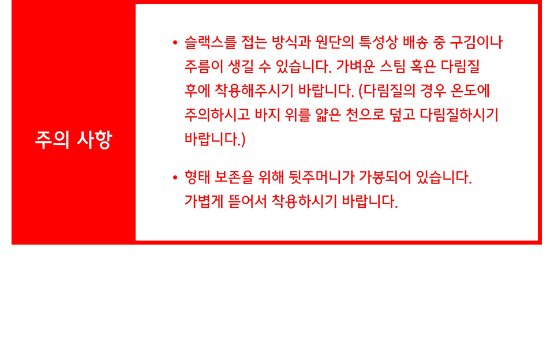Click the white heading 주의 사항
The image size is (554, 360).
pyautogui.click(x=73, y=139)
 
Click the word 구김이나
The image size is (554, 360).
pyautogui.click(x=476, y=42)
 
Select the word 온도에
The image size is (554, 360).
pyautogui.click(x=470, y=91)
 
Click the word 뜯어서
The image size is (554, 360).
pyautogui.click(x=248, y=201)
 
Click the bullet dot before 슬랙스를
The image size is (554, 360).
pyautogui.click(x=175, y=43)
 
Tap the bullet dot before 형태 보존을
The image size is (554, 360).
pyautogui.click(x=175, y=177)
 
